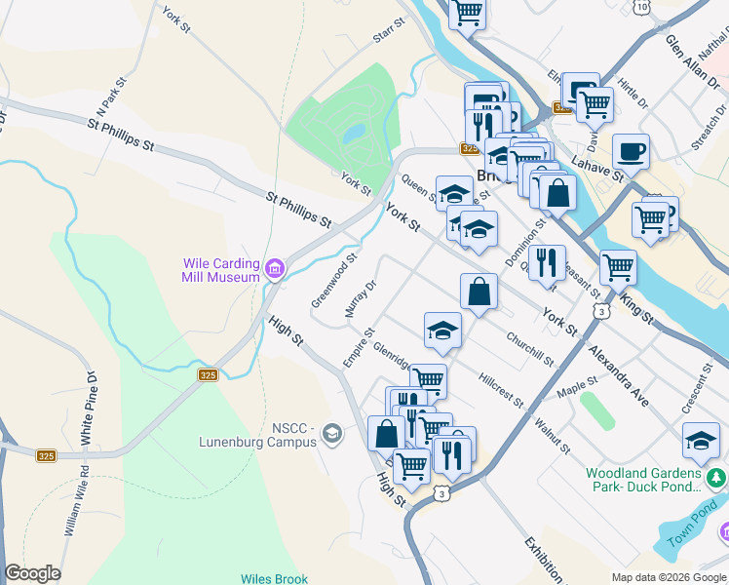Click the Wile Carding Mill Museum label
222,270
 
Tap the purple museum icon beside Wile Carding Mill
275,269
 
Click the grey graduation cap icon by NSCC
332,434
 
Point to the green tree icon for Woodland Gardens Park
717,478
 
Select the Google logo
32,573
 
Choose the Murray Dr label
360,299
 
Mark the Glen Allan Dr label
693,63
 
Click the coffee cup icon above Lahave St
631,150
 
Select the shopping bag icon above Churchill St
479,291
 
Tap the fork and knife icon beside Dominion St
548,261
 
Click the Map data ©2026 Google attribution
668,577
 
